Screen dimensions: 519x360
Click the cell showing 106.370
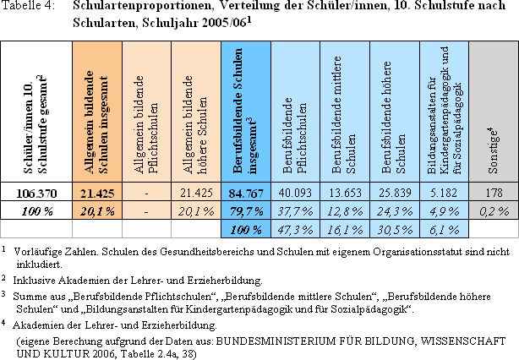pyautogui.click(x=36, y=193)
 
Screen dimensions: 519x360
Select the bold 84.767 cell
pyautogui.click(x=246, y=193)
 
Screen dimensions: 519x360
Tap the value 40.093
pyautogui.click(x=295, y=193)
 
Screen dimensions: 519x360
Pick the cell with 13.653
pyautogui.click(x=345, y=193)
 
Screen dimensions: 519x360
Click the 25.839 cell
pyautogui.click(x=395, y=193)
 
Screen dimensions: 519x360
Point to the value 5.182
pyautogui.click(x=444, y=193)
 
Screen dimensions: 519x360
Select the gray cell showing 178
pyautogui.click(x=494, y=193)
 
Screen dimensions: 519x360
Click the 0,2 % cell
pyautogui.click(x=494, y=211)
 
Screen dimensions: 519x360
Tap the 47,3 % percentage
pyautogui.click(x=295, y=230)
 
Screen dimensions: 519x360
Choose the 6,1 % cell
pyautogui.click(x=444, y=230)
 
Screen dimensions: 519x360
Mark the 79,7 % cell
pyautogui.click(x=246, y=211)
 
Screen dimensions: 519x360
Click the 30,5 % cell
pyautogui.click(x=395, y=230)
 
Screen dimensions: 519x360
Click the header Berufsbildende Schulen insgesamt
pyautogui.click(x=245, y=111)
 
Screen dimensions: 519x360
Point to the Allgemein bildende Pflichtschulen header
pyautogui.click(x=146, y=124)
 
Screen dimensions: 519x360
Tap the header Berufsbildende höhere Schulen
pyautogui.click(x=394, y=117)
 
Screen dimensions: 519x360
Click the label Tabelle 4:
pyautogui.click(x=28, y=6)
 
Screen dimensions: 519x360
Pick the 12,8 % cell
pyautogui.click(x=345, y=211)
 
